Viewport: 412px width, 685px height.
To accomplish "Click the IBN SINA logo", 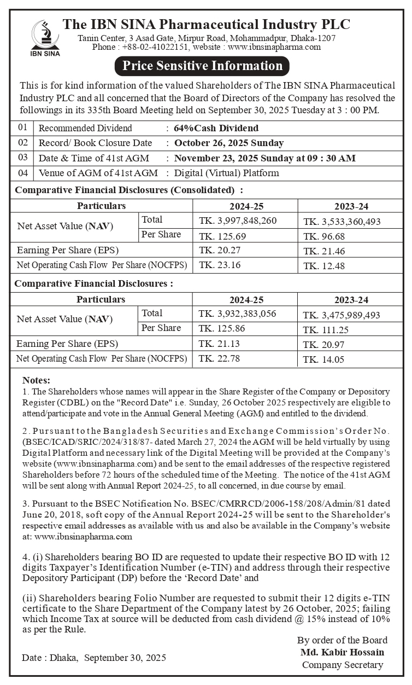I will pyautogui.click(x=45, y=37).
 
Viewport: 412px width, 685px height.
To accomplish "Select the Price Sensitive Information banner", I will pyautogui.click(x=202, y=66).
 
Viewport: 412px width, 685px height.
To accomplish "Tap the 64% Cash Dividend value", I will pyautogui.click(x=216, y=129).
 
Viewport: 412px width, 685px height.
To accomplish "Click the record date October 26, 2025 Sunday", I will pyautogui.click(x=229, y=143).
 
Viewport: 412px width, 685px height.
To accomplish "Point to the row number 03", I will pyautogui.click(x=22, y=158).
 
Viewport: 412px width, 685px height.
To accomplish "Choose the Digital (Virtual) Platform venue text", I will pyautogui.click(x=226, y=173).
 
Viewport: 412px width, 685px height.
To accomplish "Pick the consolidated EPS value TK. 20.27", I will pyautogui.click(x=219, y=251).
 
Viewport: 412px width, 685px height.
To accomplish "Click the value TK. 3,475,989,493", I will pyautogui.click(x=342, y=315).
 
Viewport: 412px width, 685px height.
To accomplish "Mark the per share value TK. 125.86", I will pyautogui.click(x=220, y=329).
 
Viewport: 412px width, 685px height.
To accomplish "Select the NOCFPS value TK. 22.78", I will pyautogui.click(x=219, y=359).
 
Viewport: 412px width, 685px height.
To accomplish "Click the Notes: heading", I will pyautogui.click(x=36, y=380).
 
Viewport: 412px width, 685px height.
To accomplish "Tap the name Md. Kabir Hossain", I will pyautogui.click(x=342, y=652).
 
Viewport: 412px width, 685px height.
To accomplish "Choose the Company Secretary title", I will pyautogui.click(x=342, y=665).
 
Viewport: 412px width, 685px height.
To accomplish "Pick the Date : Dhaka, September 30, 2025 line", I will pyautogui.click(x=94, y=658).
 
